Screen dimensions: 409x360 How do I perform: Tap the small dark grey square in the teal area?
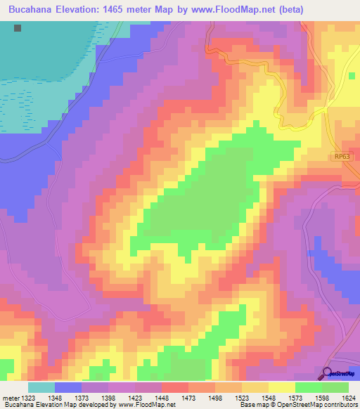(18, 28)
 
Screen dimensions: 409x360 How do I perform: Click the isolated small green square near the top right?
(351, 75)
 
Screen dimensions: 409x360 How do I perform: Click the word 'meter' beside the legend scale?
(8, 398)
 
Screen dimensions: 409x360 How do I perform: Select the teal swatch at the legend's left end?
(41, 387)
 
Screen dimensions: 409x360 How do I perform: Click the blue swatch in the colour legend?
(68, 387)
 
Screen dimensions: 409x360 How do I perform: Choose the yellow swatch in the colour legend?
(281, 387)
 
